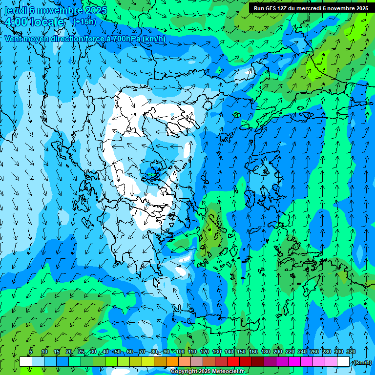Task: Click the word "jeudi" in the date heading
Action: [15, 10]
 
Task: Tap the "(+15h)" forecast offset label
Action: [84, 21]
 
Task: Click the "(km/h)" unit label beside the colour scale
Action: [362, 362]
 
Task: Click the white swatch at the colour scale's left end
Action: [26, 362]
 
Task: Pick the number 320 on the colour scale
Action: [351, 352]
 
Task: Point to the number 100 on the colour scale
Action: [180, 352]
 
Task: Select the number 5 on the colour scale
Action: [31, 352]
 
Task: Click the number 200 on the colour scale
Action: [277, 352]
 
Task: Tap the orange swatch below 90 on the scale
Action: [172, 362]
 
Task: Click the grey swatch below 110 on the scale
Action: [197, 362]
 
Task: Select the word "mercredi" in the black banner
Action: [310, 8]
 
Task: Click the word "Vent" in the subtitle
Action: [14, 39]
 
